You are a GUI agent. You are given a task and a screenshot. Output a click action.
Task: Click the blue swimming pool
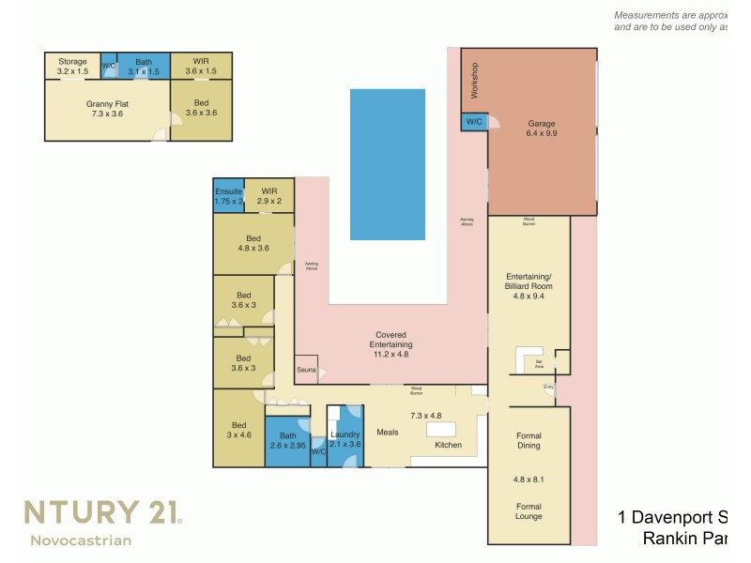click(x=387, y=164)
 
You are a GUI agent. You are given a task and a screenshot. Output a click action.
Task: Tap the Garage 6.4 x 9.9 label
click(x=542, y=129)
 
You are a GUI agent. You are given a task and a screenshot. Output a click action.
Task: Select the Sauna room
click(x=306, y=370)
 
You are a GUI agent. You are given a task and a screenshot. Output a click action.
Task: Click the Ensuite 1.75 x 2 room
click(x=228, y=195)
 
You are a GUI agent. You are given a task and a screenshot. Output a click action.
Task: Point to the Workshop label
click(x=475, y=80)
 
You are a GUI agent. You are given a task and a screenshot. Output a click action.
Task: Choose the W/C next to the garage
click(x=472, y=121)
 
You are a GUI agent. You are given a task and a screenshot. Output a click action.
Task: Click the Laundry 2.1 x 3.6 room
click(x=345, y=439)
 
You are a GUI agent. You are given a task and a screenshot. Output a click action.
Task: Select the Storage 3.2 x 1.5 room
click(x=72, y=66)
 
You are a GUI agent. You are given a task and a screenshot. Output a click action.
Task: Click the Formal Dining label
click(x=529, y=440)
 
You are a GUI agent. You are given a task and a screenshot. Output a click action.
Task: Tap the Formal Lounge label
click(x=529, y=511)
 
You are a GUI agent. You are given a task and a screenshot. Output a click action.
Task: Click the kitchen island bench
click(x=441, y=429)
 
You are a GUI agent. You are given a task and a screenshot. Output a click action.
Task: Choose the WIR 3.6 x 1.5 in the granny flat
click(x=201, y=66)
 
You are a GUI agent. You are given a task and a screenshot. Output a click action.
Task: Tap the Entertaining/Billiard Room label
click(x=529, y=281)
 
